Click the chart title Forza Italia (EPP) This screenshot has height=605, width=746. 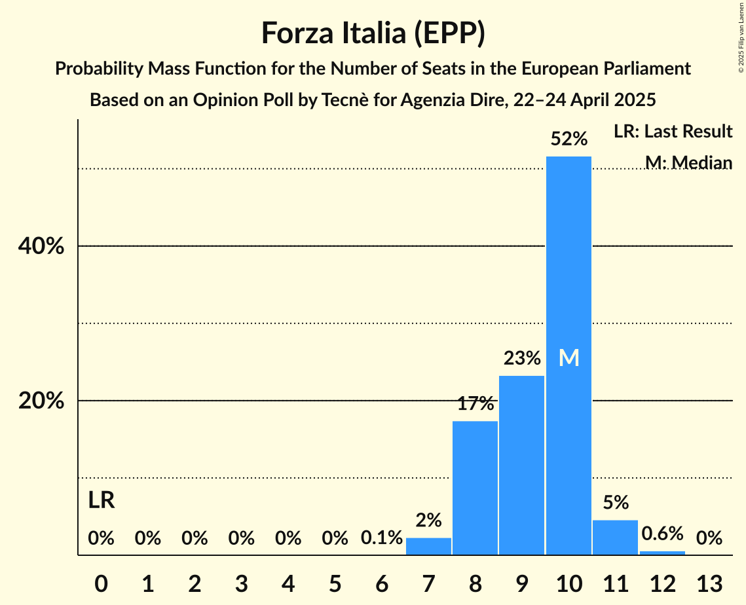pyautogui.click(x=373, y=33)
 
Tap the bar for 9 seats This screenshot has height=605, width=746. pyautogui.click(x=521, y=465)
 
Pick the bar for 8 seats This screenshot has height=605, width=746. pyautogui.click(x=475, y=488)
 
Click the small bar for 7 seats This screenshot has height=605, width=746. pyautogui.click(x=428, y=546)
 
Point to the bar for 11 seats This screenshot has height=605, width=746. pyautogui.click(x=615, y=537)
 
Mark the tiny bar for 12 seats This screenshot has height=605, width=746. pyautogui.click(x=662, y=553)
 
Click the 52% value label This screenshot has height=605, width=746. pyautogui.click(x=569, y=139)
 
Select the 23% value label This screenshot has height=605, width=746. pyautogui.click(x=521, y=358)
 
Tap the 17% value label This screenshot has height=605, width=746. pyautogui.click(x=475, y=403)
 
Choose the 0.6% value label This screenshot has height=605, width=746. pyautogui.click(x=662, y=534)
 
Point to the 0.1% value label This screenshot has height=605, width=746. pyautogui.click(x=382, y=538)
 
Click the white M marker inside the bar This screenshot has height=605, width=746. pyautogui.click(x=569, y=357)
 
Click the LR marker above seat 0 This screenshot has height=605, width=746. pyautogui.click(x=102, y=501)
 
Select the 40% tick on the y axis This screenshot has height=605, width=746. pyautogui.click(x=41, y=246)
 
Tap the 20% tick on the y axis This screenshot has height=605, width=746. pyautogui.click(x=41, y=401)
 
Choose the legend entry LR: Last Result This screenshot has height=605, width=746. pyautogui.click(x=673, y=132)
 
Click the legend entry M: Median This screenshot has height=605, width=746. pyautogui.click(x=688, y=162)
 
